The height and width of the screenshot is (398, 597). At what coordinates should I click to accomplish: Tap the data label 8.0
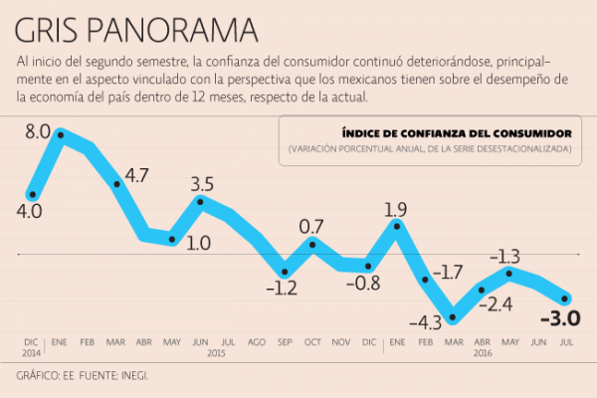(x=38, y=130)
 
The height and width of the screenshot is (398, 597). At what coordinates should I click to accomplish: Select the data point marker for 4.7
(x=117, y=183)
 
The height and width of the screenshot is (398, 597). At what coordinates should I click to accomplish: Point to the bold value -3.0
(x=559, y=319)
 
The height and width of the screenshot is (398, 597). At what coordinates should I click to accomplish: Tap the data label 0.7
(x=312, y=226)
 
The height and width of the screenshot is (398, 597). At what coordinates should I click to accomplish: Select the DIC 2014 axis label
(x=33, y=346)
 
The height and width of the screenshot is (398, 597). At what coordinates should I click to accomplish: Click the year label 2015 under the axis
(x=216, y=353)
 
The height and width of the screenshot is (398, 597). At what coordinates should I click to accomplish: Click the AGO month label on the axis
(x=256, y=341)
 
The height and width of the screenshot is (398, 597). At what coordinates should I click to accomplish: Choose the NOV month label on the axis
(x=340, y=341)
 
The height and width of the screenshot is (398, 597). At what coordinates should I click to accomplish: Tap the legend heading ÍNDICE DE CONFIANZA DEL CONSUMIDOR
(x=456, y=132)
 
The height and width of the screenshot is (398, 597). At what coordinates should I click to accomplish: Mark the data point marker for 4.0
(x=33, y=194)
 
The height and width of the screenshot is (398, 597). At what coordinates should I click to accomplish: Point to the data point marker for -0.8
(x=369, y=266)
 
